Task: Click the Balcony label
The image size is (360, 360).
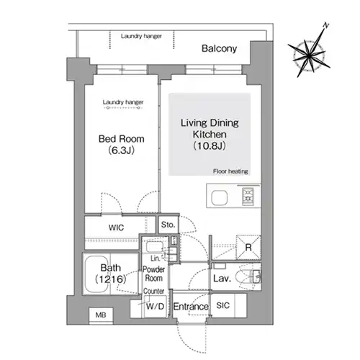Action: pyautogui.click(x=219, y=48)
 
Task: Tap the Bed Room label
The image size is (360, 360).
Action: pyautogui.click(x=122, y=139)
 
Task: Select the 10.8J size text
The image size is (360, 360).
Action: pyautogui.click(x=210, y=145)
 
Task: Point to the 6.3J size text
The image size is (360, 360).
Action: pyautogui.click(x=121, y=150)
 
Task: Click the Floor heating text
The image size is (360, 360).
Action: pyautogui.click(x=230, y=171)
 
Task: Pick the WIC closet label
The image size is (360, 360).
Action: pyautogui.click(x=116, y=228)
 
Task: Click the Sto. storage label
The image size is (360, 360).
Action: pyautogui.click(x=168, y=225)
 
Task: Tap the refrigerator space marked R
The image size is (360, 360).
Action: pyautogui.click(x=248, y=247)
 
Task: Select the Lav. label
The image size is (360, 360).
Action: pyautogui.click(x=222, y=279)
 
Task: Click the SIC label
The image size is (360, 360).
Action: pyautogui.click(x=222, y=305)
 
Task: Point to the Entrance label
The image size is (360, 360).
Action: pyautogui.click(x=191, y=307)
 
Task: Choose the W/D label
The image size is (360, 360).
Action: pyautogui.click(x=155, y=306)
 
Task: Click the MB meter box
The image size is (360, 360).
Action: pyautogui.click(x=101, y=315)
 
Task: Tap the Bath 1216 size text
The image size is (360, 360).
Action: pyautogui.click(x=110, y=279)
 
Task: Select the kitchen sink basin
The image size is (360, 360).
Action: pyautogui.click(x=219, y=198)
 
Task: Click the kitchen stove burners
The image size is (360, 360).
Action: pyautogui.click(x=248, y=196)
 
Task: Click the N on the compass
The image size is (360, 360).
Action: pyautogui.click(x=325, y=25)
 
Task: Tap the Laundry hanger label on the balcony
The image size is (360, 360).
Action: pyautogui.click(x=141, y=36)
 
